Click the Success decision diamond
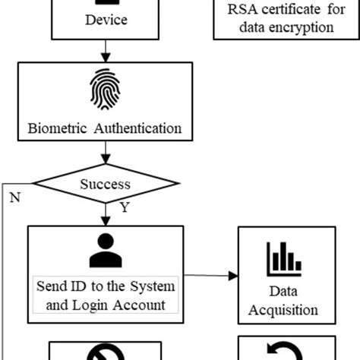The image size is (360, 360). tap(106, 184)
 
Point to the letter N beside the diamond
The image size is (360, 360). tap(14, 197)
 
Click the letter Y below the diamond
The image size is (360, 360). tap(124, 206)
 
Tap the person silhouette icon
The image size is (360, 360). tap(105, 251)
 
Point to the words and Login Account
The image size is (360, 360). tap(106, 305)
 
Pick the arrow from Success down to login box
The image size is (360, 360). tap(106, 214)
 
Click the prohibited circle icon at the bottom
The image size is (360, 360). tap(106, 352)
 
